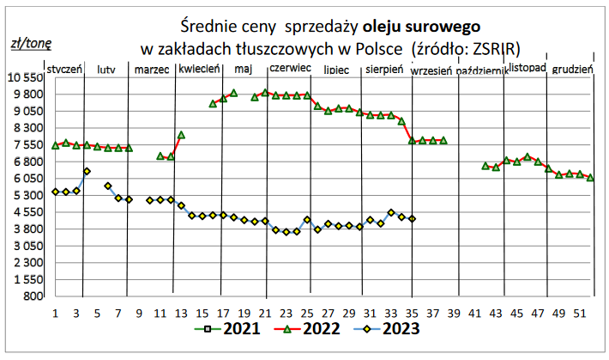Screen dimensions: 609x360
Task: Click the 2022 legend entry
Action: (307, 329)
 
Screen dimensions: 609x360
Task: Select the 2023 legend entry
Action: (387, 329)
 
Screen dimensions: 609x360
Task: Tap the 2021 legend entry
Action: (227, 329)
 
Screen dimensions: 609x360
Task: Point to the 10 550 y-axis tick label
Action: (25, 78)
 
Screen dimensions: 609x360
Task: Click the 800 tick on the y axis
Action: (33, 296)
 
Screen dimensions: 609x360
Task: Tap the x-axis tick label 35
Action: (412, 314)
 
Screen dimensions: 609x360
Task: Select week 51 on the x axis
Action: (580, 314)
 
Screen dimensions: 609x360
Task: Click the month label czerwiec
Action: (291, 68)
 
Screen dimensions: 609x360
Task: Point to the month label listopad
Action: (528, 68)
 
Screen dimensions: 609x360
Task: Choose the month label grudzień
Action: (572, 70)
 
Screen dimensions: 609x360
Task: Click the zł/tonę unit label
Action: (31, 44)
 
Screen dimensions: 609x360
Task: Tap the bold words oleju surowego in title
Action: (421, 27)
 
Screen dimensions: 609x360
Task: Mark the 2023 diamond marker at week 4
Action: (87, 171)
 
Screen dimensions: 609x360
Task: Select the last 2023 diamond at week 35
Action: (412, 219)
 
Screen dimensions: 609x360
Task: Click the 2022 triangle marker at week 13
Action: (181, 135)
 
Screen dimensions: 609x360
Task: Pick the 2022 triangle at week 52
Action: (590, 178)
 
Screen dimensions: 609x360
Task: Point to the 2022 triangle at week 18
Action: (234, 93)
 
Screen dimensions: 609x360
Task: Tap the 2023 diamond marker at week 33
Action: (391, 212)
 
